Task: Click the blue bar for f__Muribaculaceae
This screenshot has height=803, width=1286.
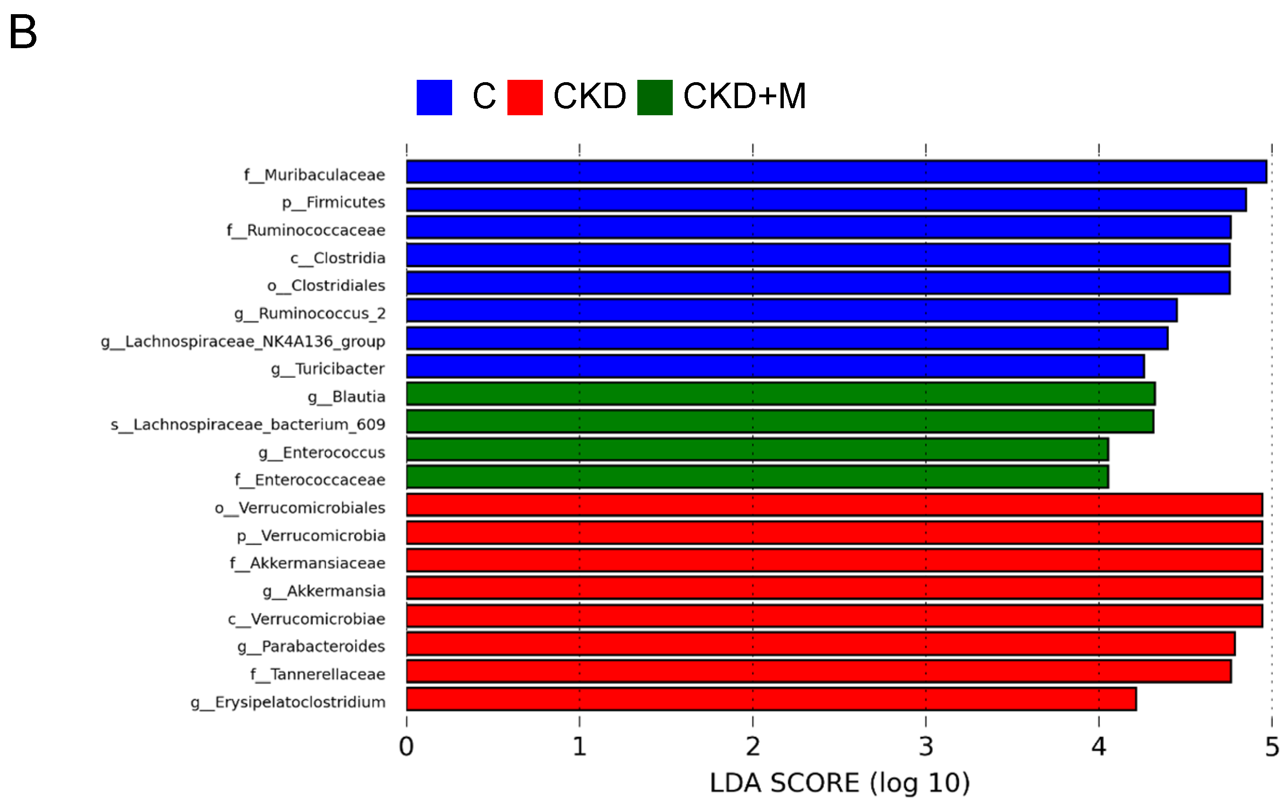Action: pos(836,171)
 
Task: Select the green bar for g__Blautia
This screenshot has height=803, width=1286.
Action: pos(780,393)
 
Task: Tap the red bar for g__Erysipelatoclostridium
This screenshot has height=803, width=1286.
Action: pos(770,699)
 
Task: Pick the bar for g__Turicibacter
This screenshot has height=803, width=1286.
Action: pos(774,367)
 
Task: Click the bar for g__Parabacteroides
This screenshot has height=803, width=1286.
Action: pos(820,644)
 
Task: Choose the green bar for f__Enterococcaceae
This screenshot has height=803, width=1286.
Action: pos(756,477)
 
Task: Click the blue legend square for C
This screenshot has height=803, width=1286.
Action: pos(434,97)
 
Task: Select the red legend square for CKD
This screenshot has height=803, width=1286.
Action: pos(524,97)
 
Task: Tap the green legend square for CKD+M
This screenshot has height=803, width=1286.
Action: pos(654,97)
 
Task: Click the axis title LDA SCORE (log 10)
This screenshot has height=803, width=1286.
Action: pos(839,783)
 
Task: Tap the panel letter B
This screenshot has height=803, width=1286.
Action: pos(23,32)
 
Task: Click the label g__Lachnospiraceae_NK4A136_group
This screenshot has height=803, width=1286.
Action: pos(243,341)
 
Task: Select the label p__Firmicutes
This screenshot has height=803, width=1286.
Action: pos(333,202)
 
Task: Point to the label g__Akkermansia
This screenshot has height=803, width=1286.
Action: pos(324,590)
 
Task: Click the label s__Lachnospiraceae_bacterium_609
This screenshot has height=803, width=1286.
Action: pos(248,424)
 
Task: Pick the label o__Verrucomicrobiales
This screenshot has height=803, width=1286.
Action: pos(300,508)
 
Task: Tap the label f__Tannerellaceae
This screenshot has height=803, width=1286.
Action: pos(317,674)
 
